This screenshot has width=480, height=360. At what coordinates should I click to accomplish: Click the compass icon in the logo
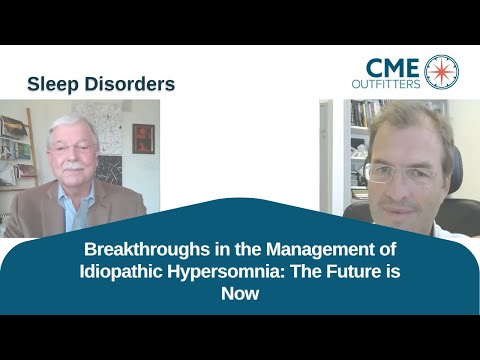coord(441,72)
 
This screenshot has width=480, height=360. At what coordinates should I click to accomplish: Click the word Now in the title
coord(240,294)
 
